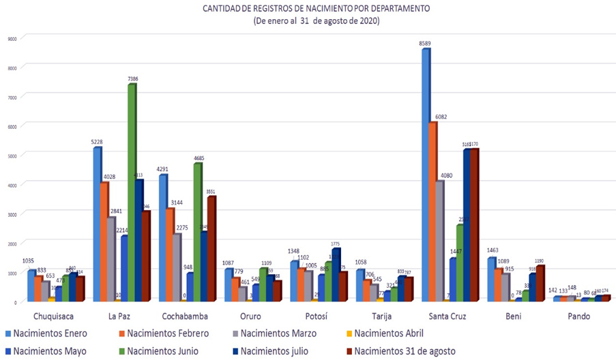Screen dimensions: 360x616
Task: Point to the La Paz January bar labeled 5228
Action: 97,225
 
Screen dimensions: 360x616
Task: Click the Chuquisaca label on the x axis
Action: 53,316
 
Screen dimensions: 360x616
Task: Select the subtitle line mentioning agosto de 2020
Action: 316,21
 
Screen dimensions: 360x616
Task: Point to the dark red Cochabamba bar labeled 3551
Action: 211,250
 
